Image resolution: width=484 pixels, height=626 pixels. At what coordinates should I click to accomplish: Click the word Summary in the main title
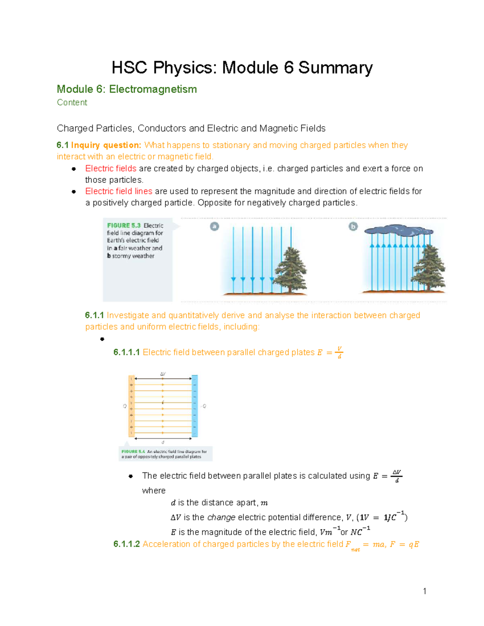click(335, 68)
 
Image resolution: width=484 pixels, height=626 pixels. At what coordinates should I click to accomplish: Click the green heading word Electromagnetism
click(153, 89)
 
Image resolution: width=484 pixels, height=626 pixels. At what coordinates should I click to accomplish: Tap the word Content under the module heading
click(72, 102)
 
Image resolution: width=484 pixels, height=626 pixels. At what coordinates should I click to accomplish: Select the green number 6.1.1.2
click(126, 544)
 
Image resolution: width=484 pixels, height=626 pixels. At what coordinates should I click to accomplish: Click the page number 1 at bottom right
click(424, 591)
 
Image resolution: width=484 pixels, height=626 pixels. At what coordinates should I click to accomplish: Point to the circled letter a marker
click(215, 227)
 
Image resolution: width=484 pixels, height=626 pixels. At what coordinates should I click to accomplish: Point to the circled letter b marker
click(353, 227)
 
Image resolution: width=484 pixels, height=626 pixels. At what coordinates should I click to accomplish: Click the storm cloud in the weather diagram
click(398, 231)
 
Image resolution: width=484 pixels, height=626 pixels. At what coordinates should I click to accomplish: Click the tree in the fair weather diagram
click(290, 270)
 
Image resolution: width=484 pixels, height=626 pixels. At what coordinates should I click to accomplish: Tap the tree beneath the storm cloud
click(429, 268)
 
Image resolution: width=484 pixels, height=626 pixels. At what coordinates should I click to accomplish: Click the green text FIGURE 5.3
click(124, 225)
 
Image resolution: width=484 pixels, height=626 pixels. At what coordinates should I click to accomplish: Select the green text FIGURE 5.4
click(133, 451)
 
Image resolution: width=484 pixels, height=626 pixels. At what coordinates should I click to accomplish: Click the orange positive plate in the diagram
click(131, 406)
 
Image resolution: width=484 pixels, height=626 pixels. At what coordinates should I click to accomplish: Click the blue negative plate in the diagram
click(195, 406)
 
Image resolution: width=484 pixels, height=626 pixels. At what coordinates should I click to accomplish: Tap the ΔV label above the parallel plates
click(163, 374)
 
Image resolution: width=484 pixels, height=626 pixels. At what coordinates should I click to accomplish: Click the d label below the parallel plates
click(163, 442)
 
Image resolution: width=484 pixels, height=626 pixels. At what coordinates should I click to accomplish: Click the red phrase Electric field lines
click(119, 191)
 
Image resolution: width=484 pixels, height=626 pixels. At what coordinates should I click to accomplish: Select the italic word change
click(221, 518)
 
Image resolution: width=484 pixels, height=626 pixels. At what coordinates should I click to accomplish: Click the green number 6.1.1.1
click(126, 352)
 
